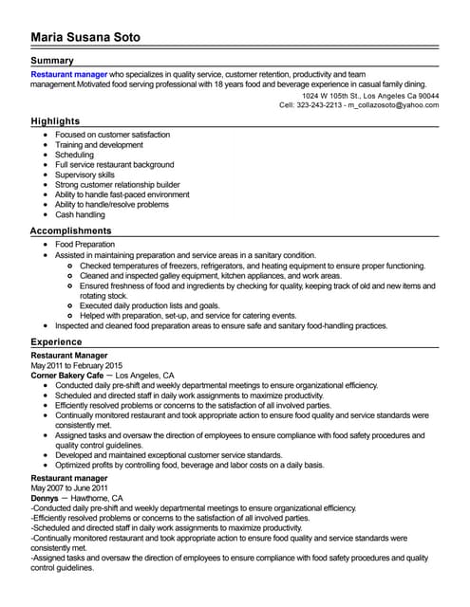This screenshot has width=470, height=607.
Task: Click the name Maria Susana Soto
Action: (x=85, y=37)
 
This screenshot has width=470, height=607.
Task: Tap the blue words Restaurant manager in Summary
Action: (x=69, y=73)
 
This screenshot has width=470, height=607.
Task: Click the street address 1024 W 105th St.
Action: (x=331, y=96)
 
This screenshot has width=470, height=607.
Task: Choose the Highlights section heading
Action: (x=55, y=121)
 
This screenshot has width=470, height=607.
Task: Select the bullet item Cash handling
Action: (x=80, y=215)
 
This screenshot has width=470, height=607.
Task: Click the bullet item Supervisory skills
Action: (x=85, y=175)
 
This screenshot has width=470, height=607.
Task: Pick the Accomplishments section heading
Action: (x=71, y=230)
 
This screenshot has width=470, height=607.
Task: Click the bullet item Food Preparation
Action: (x=85, y=244)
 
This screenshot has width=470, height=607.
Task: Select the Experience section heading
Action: (x=56, y=341)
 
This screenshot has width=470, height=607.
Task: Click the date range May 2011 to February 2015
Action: (x=77, y=365)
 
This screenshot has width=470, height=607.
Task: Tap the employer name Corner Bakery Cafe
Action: (x=67, y=376)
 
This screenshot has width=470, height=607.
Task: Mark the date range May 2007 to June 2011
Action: (x=71, y=488)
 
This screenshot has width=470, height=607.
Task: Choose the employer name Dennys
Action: (x=44, y=498)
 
